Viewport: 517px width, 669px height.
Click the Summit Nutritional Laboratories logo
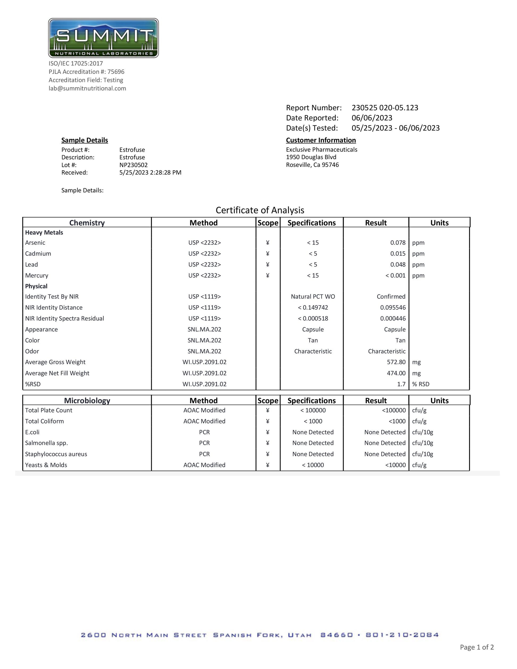coord(103,38)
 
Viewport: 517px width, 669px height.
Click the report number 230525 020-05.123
coord(385,108)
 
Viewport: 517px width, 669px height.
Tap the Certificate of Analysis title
coord(260,210)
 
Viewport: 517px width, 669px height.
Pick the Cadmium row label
coord(38,254)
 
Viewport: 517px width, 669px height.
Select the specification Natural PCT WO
coord(313,297)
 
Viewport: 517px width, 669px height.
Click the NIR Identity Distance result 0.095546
coord(393,308)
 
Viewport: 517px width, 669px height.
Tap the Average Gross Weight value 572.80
coord(396,362)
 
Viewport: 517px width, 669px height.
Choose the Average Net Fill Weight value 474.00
coord(396,373)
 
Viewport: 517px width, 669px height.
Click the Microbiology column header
coord(87,400)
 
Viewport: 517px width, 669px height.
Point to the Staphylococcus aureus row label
coord(56,454)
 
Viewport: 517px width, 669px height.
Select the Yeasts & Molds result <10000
coord(395,465)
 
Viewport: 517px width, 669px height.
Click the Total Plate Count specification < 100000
coord(313,410)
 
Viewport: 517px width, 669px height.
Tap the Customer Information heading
coord(321,140)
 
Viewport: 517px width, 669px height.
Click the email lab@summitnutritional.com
coord(87,88)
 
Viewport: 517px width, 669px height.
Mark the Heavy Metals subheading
coord(44,232)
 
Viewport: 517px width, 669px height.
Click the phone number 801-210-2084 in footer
coord(402,635)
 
